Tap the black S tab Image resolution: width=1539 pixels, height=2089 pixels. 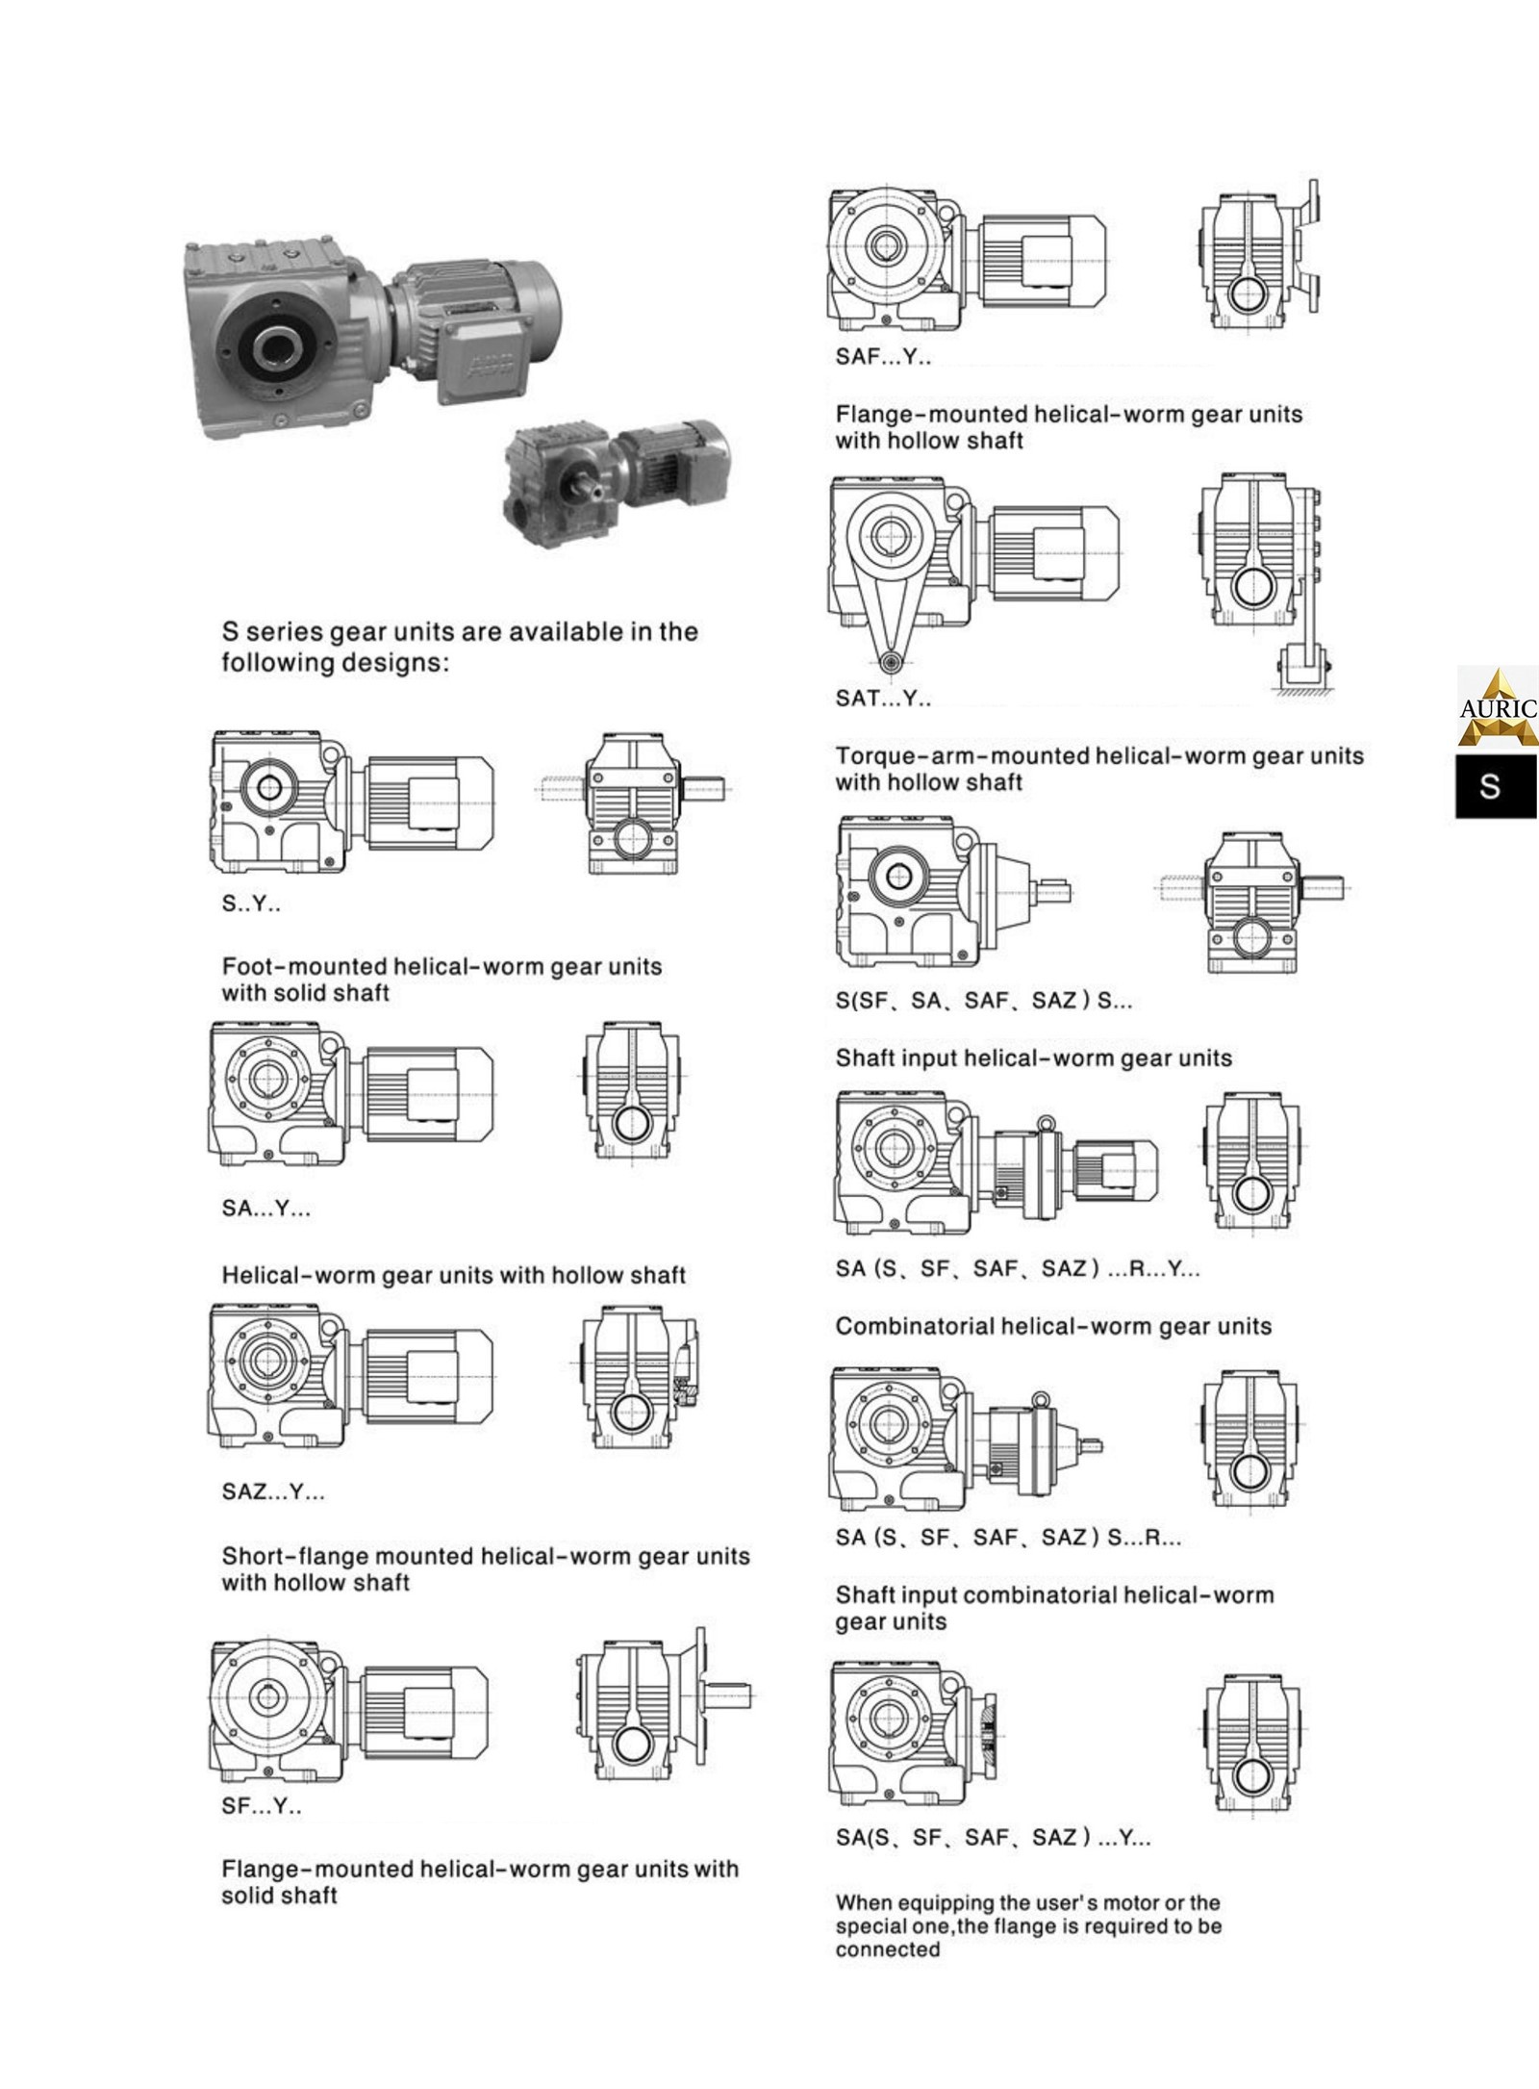click(x=1495, y=785)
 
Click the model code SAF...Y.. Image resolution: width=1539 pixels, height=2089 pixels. click(x=883, y=357)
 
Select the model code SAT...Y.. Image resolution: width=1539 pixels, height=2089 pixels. click(x=883, y=699)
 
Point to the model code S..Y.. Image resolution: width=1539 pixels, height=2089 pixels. click(x=251, y=904)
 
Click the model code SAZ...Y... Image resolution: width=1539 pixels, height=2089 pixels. click(x=273, y=1491)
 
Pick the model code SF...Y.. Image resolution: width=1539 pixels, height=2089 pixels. click(x=261, y=1806)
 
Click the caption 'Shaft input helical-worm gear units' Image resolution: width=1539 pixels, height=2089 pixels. click(x=1033, y=1058)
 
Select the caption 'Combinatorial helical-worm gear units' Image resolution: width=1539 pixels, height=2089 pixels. click(x=1053, y=1327)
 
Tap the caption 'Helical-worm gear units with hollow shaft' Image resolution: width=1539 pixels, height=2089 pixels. click(x=453, y=1276)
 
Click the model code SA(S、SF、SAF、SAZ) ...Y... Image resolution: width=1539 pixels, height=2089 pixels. click(x=993, y=1838)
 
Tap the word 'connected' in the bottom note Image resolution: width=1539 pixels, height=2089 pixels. click(x=887, y=1950)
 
